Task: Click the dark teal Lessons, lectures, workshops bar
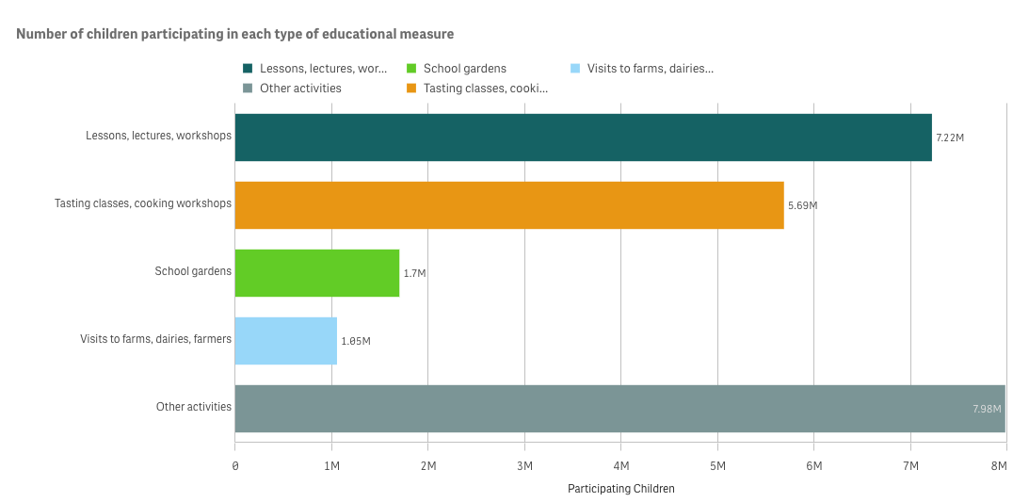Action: pyautogui.click(x=583, y=138)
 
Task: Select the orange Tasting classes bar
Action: pyautogui.click(x=508, y=205)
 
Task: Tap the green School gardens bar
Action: pyautogui.click(x=316, y=273)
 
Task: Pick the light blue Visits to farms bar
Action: pyautogui.click(x=285, y=341)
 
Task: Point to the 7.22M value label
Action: pyautogui.click(x=949, y=138)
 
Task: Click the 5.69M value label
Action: pyautogui.click(x=802, y=205)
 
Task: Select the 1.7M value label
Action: pyautogui.click(x=414, y=273)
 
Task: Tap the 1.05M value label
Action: pyautogui.click(x=356, y=341)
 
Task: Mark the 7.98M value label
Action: pyautogui.click(x=987, y=409)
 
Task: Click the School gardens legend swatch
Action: pyautogui.click(x=411, y=69)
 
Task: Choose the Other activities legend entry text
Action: pyautogui.click(x=300, y=89)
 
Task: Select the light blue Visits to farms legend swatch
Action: pyautogui.click(x=575, y=69)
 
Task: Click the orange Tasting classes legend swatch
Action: pyautogui.click(x=411, y=89)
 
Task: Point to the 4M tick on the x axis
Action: pyautogui.click(x=621, y=467)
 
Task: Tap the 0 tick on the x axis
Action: pyautogui.click(x=235, y=467)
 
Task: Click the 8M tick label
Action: pyautogui.click(x=1005, y=467)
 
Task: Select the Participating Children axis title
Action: pyautogui.click(x=621, y=489)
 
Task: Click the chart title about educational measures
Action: pyautogui.click(x=235, y=34)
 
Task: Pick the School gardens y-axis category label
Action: pyautogui.click(x=193, y=272)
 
